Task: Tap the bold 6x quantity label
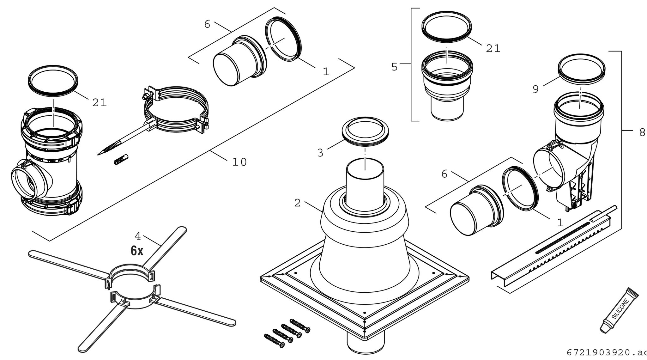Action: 137,251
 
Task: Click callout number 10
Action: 239,162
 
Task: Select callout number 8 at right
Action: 642,132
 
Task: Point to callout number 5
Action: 394,67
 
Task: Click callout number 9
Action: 535,89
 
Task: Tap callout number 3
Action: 320,153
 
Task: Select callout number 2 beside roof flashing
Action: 297,203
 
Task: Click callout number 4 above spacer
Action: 137,236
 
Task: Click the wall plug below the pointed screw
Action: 121,159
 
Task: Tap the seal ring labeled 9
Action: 581,69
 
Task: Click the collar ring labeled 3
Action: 365,131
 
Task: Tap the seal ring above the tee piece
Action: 53,80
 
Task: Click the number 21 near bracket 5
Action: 493,48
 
